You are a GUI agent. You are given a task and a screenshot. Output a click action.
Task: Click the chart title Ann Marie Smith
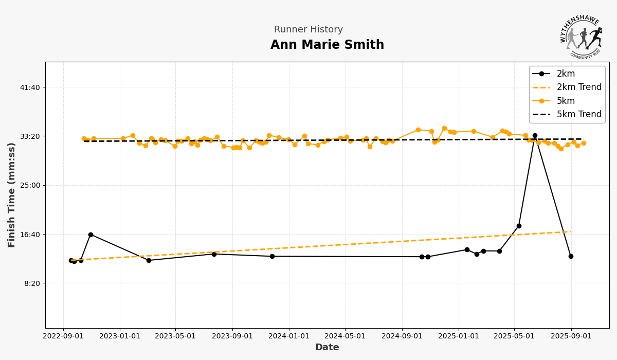tap(327, 45)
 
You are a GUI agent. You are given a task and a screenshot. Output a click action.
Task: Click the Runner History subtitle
tap(308, 30)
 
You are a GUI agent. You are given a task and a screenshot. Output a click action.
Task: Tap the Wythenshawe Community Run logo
tap(582, 36)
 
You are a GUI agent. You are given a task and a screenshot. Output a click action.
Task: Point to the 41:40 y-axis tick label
tap(30, 87)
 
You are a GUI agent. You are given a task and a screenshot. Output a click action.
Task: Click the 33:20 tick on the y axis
tap(30, 136)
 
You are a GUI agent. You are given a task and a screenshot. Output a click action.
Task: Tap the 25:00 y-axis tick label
tap(30, 185)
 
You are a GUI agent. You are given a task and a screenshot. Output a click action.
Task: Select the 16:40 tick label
tap(30, 235)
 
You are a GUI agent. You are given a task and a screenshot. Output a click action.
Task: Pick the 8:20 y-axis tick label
tap(32, 283)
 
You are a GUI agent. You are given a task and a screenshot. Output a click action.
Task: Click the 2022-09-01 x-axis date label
tap(63, 336)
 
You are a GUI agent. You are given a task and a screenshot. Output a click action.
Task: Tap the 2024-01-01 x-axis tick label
tap(288, 336)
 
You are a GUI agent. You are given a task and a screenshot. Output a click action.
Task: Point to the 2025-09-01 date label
tap(571, 336)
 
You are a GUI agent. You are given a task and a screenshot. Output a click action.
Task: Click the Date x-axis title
tap(327, 348)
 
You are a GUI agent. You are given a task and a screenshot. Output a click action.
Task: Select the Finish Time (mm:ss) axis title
tap(12, 195)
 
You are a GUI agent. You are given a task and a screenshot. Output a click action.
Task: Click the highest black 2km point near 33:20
tap(535, 136)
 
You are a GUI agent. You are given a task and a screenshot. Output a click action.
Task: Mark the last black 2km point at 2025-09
tap(571, 256)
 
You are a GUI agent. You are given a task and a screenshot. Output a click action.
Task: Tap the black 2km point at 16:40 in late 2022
tap(90, 235)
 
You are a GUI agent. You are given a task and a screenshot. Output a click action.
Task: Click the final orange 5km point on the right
tap(584, 143)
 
